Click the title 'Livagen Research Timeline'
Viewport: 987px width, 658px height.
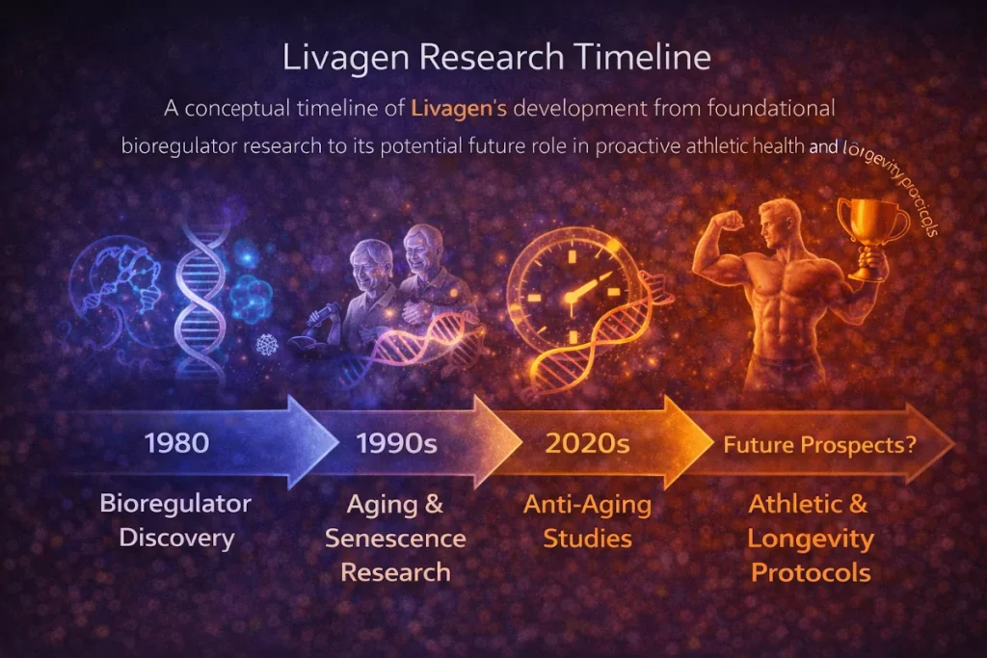click(x=496, y=58)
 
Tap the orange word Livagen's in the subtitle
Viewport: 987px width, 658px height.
click(x=458, y=108)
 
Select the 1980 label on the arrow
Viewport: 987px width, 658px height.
click(x=176, y=443)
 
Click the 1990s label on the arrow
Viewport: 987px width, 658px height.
click(x=397, y=444)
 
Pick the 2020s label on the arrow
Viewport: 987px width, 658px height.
click(x=587, y=444)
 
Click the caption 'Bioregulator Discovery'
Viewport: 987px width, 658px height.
click(x=175, y=520)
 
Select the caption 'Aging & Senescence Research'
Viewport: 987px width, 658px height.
click(x=395, y=539)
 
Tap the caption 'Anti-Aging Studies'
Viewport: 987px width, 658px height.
click(x=587, y=520)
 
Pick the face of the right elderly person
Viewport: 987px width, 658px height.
click(x=424, y=252)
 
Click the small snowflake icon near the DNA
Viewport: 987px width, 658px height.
click(x=265, y=344)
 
